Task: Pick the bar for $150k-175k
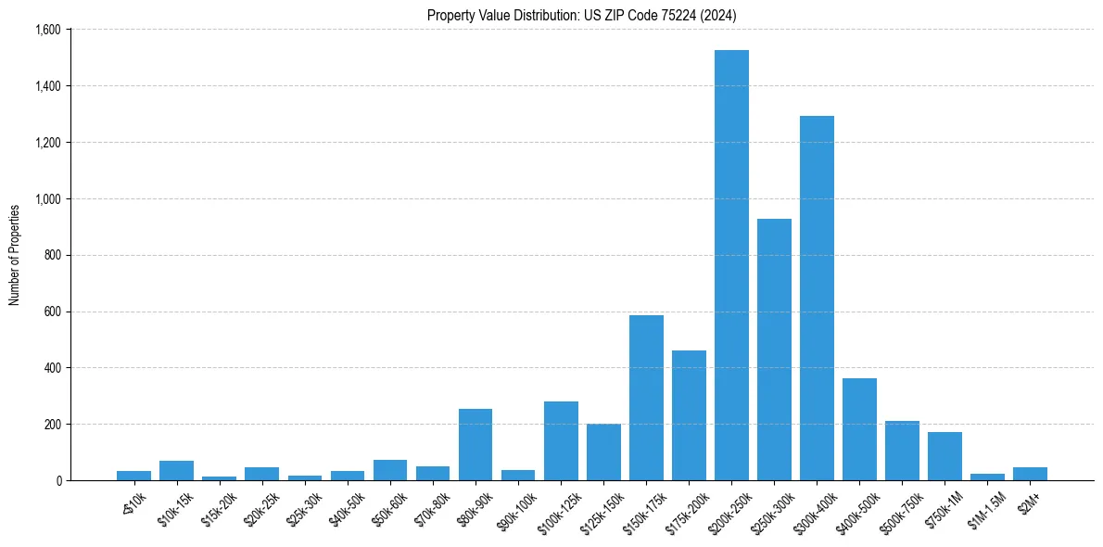[646, 398]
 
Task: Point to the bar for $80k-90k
[475, 444]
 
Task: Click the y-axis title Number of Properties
[15, 255]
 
